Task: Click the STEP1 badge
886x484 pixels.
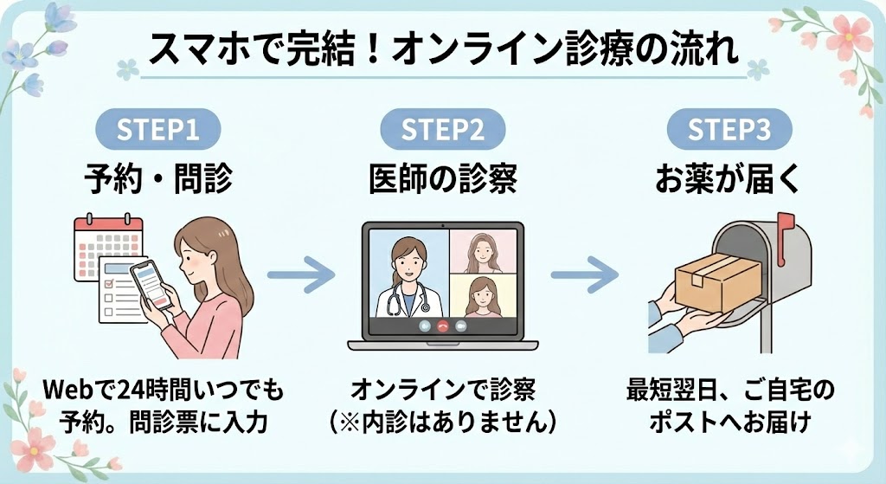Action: [157, 131]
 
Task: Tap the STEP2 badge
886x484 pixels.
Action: [443, 131]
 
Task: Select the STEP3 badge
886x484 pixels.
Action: [729, 131]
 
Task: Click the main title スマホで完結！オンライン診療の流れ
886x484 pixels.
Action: [443, 51]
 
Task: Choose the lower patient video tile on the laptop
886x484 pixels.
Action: [484, 296]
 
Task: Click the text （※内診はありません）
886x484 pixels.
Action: [443, 423]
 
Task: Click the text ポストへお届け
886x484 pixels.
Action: [729, 423]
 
